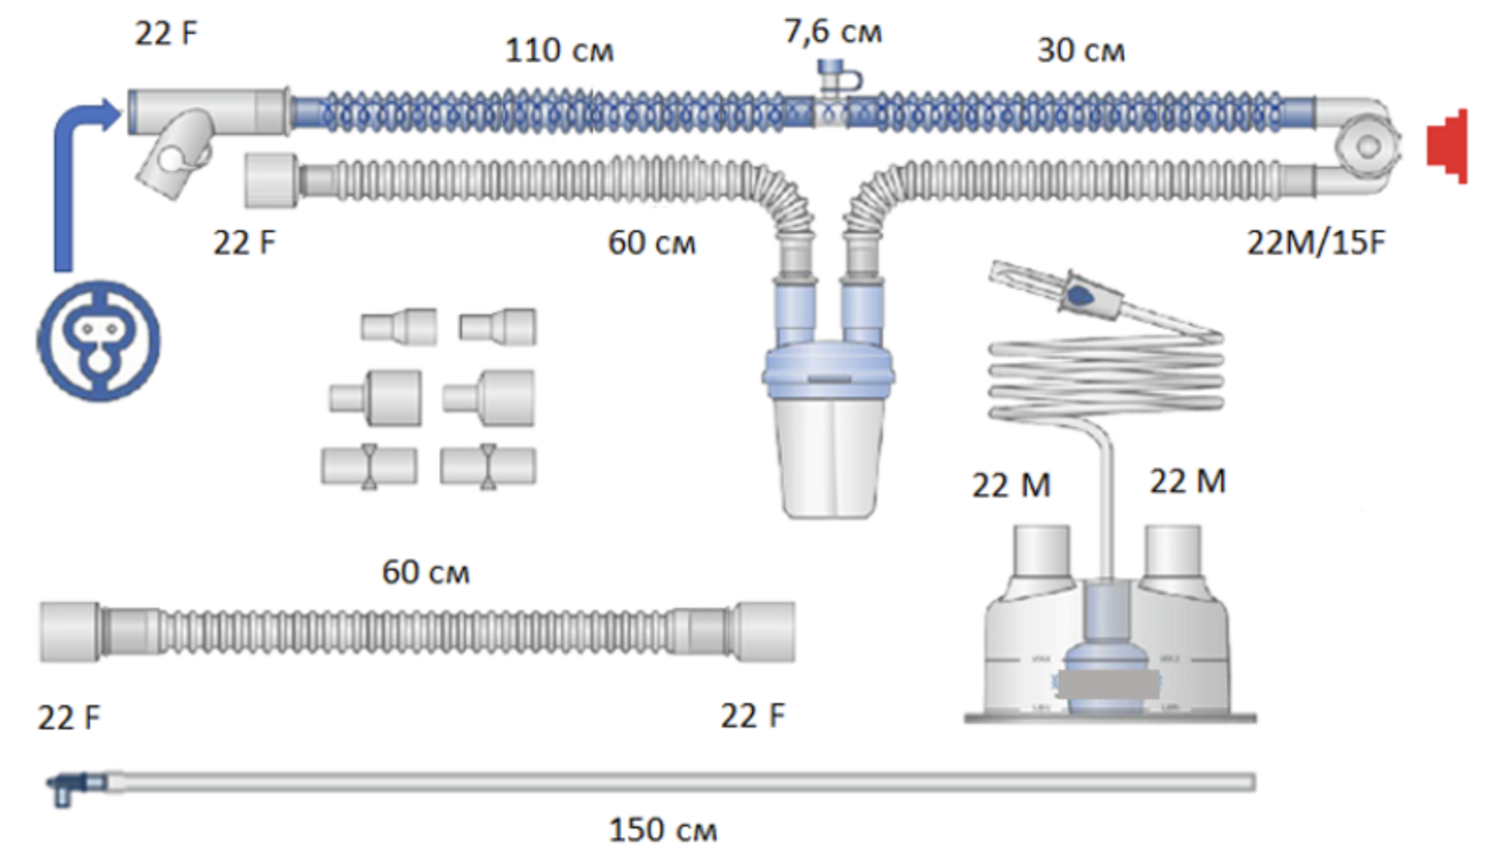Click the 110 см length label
point(559,50)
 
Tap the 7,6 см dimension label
point(833,32)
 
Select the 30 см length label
point(1080,50)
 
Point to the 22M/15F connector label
point(1315,242)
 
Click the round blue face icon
point(98,340)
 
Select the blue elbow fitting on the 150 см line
point(67,785)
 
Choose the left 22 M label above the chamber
point(1011,485)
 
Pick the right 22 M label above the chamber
point(1187,481)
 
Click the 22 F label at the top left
point(166,34)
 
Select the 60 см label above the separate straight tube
point(425,572)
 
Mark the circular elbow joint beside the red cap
point(1367,147)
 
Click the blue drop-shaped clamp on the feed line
point(1080,292)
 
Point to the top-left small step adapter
point(399,326)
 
